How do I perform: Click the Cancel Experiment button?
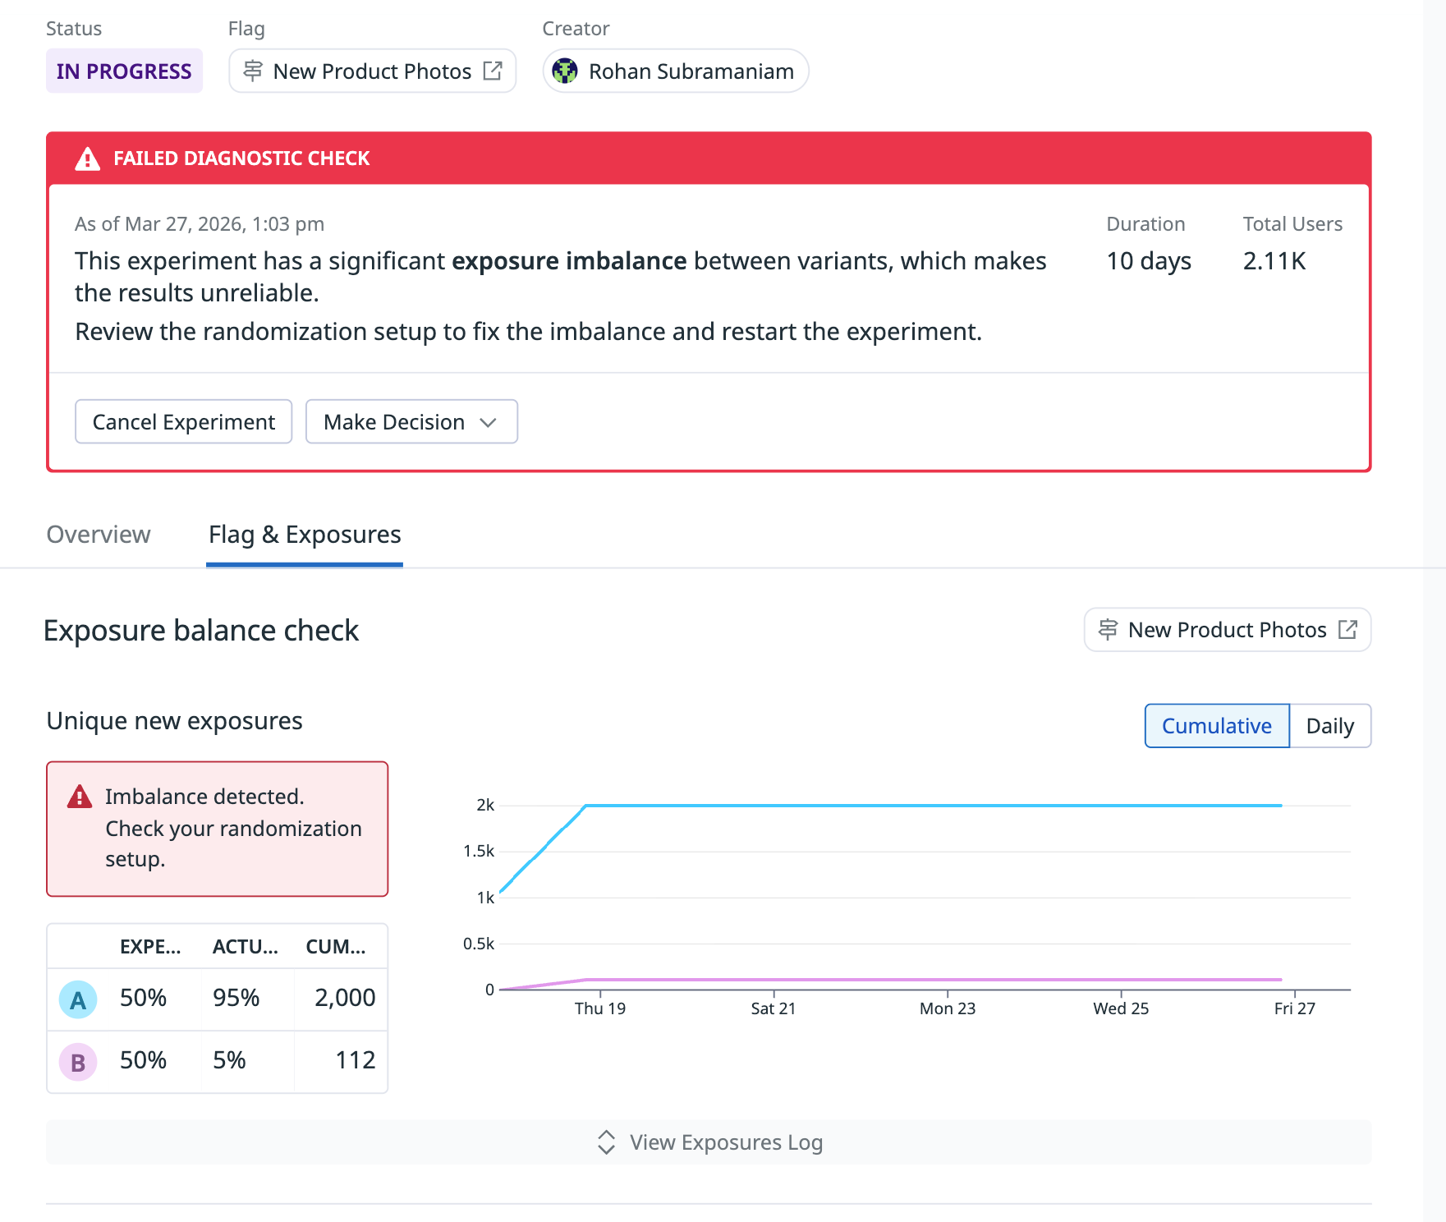tap(183, 422)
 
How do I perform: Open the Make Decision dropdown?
tap(411, 422)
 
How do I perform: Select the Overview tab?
tap(99, 535)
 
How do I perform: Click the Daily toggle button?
tap(1329, 726)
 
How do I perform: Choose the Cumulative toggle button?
tap(1216, 726)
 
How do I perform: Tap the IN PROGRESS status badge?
tap(124, 71)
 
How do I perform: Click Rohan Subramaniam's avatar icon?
tap(565, 71)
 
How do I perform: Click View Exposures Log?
tap(709, 1142)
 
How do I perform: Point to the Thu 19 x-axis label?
tap(599, 1008)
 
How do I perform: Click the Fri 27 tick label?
tap(1294, 1008)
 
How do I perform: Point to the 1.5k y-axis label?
tap(479, 852)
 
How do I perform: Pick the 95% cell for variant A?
tap(236, 998)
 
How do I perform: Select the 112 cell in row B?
tap(355, 1060)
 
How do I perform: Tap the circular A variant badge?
tap(78, 999)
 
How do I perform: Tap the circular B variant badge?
tap(78, 1062)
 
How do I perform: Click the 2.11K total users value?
tap(1274, 261)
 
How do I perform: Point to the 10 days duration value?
tap(1148, 261)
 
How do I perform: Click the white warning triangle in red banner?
tap(87, 158)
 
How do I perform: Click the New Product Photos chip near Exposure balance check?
tap(1227, 630)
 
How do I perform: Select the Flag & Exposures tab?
tap(305, 535)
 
